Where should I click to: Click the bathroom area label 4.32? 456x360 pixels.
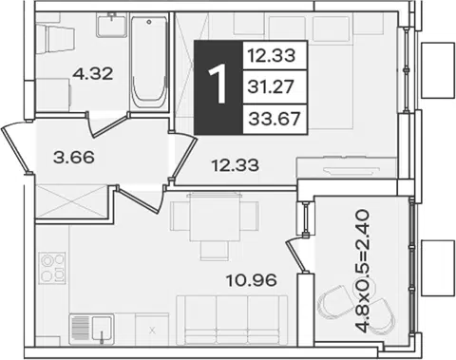pos(92,74)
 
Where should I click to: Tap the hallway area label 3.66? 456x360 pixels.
pos(74,158)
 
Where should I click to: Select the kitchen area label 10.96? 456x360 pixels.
pos(252,280)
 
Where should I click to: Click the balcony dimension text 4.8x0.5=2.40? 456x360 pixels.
pos(362,271)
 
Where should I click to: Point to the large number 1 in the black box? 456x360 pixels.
pos(218,84)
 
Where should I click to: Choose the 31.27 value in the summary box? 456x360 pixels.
pos(271,86)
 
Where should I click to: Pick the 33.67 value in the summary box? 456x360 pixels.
pos(275,119)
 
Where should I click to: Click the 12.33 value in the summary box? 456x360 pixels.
pos(271,56)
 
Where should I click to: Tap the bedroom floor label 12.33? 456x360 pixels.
pos(236,165)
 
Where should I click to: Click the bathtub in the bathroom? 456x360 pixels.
pos(149,63)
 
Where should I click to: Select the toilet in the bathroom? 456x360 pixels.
pos(55,41)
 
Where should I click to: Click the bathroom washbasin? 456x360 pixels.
pos(112,25)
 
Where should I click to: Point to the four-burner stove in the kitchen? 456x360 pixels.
pos(52,268)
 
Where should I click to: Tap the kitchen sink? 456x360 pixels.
pos(91,330)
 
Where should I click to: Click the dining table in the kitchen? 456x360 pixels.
pos(216,218)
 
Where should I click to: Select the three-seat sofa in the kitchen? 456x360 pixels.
pos(232,320)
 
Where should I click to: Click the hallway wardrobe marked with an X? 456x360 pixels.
pos(72,201)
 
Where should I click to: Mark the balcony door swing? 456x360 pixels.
pos(295,256)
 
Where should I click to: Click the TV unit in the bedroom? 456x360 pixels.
pos(346,168)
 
